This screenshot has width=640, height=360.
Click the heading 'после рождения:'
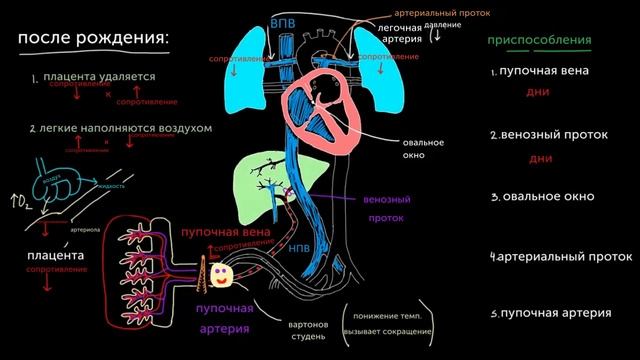(x=93, y=39)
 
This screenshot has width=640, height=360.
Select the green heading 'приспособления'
(x=538, y=41)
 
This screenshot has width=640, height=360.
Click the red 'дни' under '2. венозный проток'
(x=541, y=158)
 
